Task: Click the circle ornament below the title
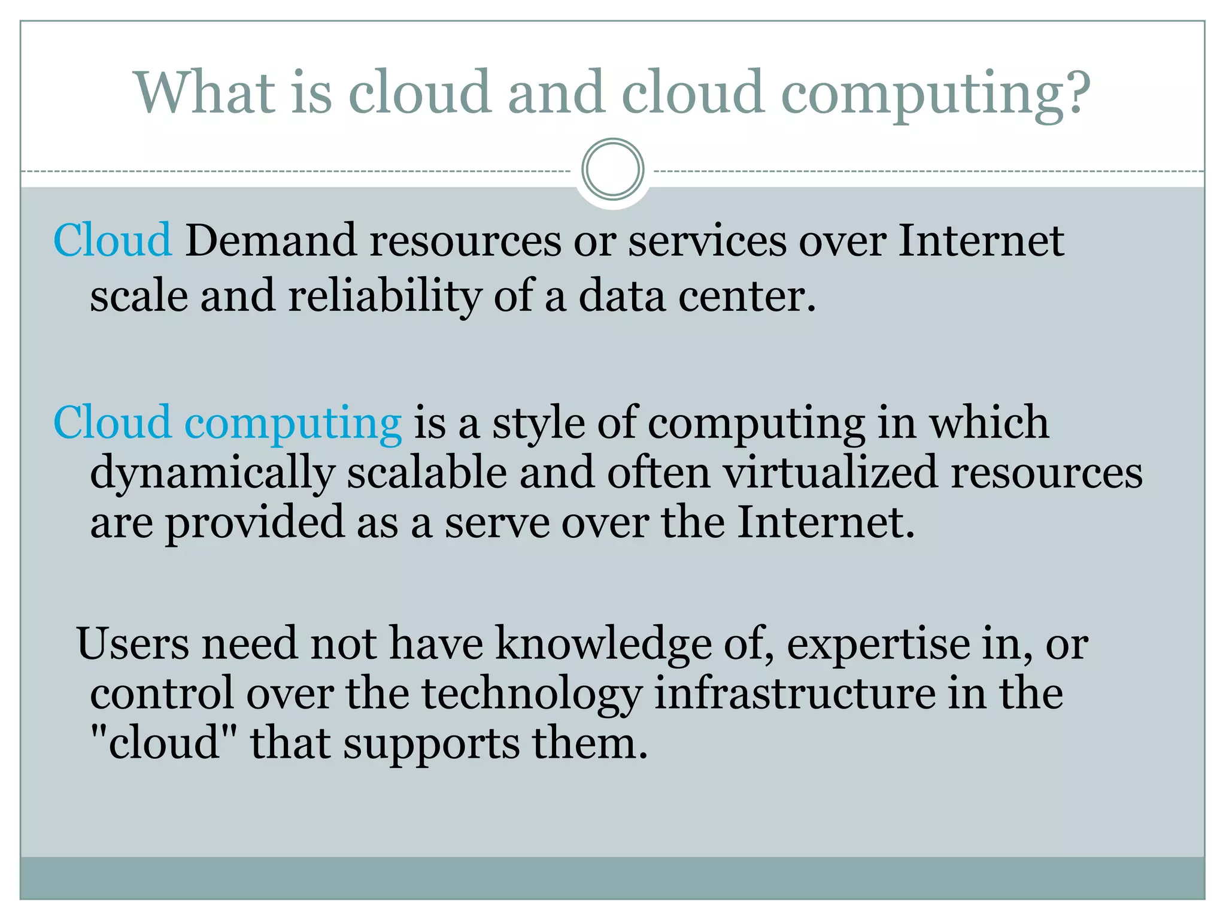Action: [x=612, y=170]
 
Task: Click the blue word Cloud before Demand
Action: [x=113, y=241]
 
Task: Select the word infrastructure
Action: [x=795, y=694]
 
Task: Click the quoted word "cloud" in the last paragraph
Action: [x=163, y=743]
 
